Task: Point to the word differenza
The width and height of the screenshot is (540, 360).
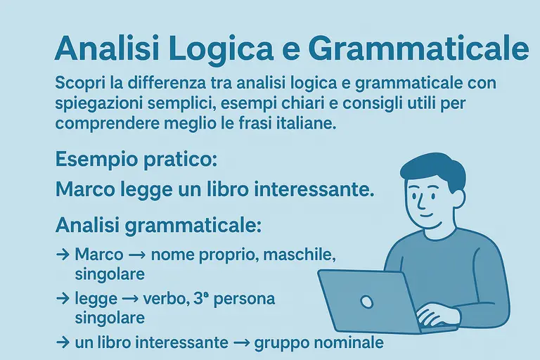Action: click(165, 83)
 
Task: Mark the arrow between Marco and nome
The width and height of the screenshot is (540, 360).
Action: click(138, 255)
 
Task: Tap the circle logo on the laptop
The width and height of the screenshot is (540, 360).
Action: click(366, 301)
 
